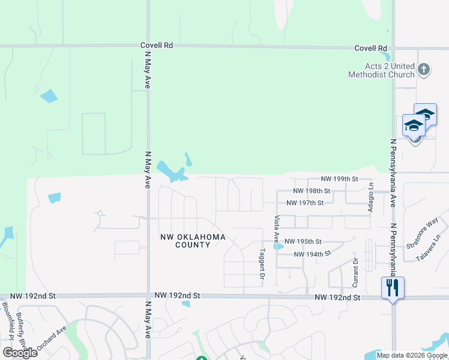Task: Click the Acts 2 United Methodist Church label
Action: pyautogui.click(x=381, y=70)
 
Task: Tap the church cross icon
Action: pyautogui.click(x=424, y=69)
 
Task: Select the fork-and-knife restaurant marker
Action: pyautogui.click(x=393, y=287)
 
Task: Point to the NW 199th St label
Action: pyautogui.click(x=339, y=179)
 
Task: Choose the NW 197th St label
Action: pyautogui.click(x=305, y=203)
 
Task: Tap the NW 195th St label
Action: pyautogui.click(x=304, y=241)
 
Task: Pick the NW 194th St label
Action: pyautogui.click(x=312, y=254)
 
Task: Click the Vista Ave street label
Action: pyautogui.click(x=277, y=228)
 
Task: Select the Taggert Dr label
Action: pyautogui.click(x=262, y=264)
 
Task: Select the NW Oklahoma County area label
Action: pyautogui.click(x=193, y=241)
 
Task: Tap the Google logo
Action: pyautogui.click(x=20, y=352)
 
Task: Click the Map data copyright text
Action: pyautogui.click(x=412, y=355)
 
